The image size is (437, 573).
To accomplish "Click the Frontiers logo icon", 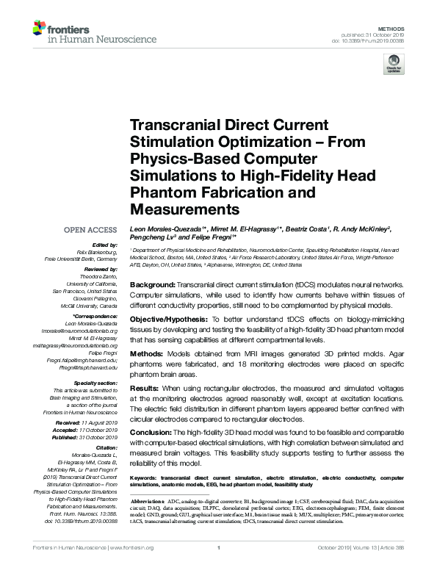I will click(38, 29).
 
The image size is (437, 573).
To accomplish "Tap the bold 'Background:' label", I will click(153, 284).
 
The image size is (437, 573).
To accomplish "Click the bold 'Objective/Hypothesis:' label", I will click(167, 321).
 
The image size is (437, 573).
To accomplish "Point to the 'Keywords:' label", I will click(144, 478).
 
